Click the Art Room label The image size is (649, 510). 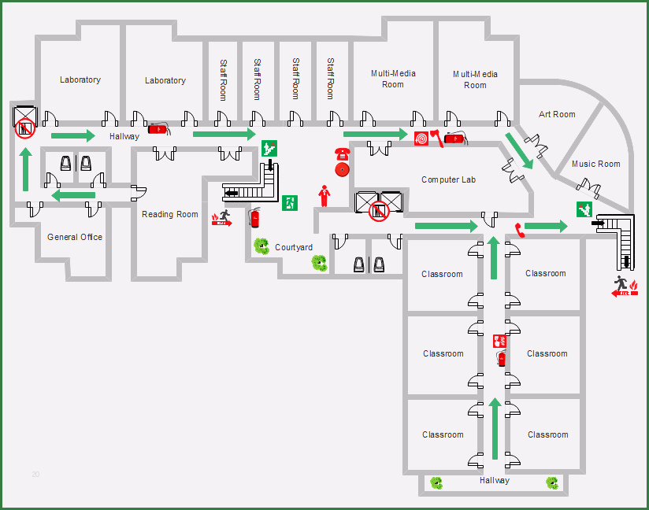click(557, 114)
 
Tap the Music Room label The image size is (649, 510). click(595, 164)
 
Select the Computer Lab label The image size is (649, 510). click(448, 180)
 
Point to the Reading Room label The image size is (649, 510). click(169, 214)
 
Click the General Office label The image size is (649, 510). click(75, 237)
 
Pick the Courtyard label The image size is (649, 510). click(294, 247)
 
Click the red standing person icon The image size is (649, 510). click(324, 196)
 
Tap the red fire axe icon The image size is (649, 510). click(436, 139)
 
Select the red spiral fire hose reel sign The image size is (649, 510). click(421, 139)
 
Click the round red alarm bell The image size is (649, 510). click(343, 169)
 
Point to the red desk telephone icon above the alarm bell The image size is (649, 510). click(343, 154)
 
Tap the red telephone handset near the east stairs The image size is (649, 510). click(520, 231)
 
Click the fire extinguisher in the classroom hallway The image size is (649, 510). click(501, 359)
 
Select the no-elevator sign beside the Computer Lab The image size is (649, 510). click(379, 212)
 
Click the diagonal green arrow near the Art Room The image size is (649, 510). click(519, 151)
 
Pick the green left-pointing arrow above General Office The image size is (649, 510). click(73, 195)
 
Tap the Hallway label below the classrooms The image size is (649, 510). click(494, 481)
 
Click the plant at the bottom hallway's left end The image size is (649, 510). click(436, 482)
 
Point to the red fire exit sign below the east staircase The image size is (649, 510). click(625, 286)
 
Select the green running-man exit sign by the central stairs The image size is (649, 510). click(290, 203)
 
